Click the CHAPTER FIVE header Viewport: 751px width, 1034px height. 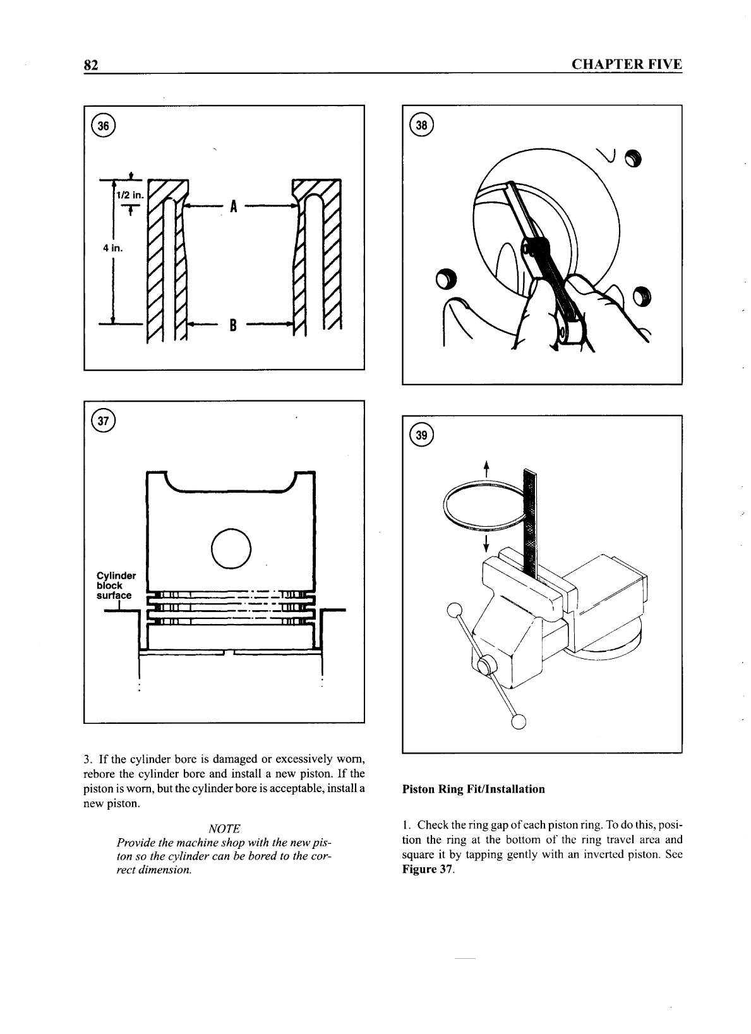[626, 64]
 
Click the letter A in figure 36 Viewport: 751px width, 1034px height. [233, 206]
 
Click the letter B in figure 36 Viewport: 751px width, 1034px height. [233, 326]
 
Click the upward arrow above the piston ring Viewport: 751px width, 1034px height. [486, 469]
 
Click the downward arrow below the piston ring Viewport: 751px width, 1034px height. [486, 544]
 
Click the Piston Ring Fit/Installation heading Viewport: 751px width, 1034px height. [473, 789]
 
